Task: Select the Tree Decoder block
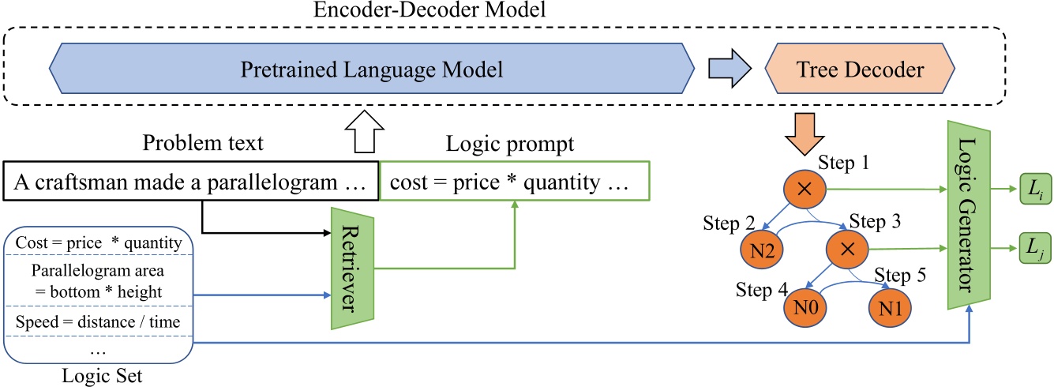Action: [859, 70]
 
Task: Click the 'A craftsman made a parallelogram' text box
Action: [191, 183]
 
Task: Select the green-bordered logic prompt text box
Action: [514, 183]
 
